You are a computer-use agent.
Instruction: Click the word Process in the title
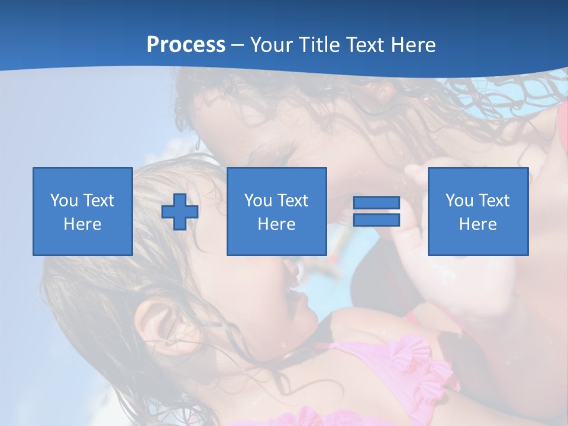pos(186,45)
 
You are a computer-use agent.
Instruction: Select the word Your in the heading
pos(272,45)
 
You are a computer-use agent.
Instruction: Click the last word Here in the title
pos(413,45)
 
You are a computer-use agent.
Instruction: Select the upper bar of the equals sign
pos(376,202)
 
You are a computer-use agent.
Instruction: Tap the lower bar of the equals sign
pos(376,220)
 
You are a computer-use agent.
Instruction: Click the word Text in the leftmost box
pos(99,201)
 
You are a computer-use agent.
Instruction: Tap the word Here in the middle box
pos(276,224)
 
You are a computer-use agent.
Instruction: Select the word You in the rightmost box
pos(460,201)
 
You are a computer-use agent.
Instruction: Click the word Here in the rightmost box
pos(477,224)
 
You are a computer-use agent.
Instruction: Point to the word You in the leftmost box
pos(64,201)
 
